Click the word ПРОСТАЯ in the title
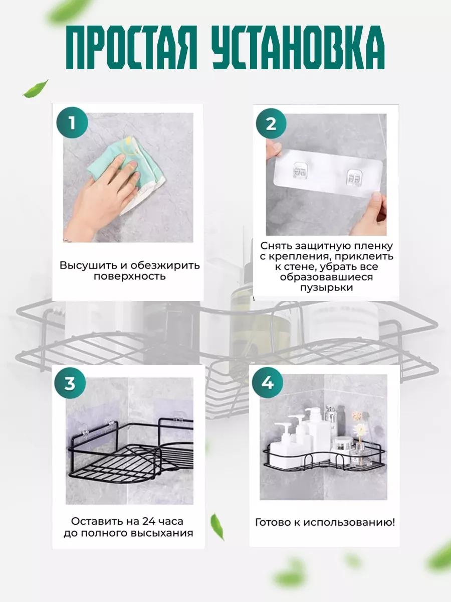132,47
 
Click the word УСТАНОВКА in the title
299,47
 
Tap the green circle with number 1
72,122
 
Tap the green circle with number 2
271,124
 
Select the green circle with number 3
70,383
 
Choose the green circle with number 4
268,383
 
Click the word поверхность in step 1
129,276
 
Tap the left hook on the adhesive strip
300,170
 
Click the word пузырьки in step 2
326,287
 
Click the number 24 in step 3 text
149,521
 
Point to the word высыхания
162,533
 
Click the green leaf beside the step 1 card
36,89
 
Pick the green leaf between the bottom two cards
217,527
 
